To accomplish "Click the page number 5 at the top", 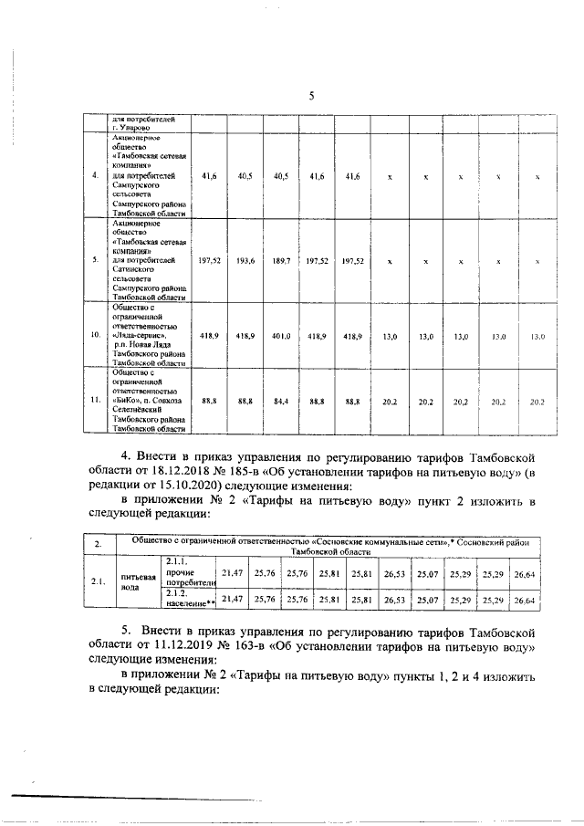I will (x=311, y=96).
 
